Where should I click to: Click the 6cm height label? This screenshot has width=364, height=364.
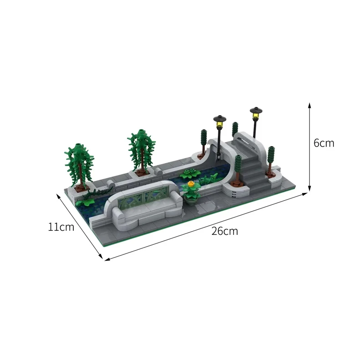pyautogui.click(x=324, y=143)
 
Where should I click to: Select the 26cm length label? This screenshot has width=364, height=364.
pyautogui.click(x=224, y=231)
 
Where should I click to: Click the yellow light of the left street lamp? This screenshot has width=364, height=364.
pyautogui.click(x=220, y=121)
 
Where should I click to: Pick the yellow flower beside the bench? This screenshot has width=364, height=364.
pyautogui.click(x=190, y=185)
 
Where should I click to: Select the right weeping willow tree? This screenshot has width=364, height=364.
pyautogui.click(x=142, y=150)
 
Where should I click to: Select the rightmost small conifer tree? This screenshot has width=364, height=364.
pyautogui.click(x=272, y=157)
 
